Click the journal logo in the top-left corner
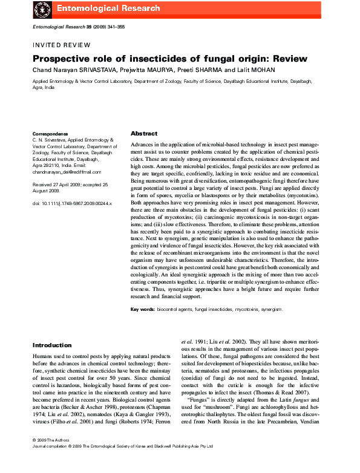point(41,9)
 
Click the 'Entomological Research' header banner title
point(108,8)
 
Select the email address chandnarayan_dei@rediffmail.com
point(62,172)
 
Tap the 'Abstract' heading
point(144,133)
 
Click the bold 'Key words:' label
point(144,309)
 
